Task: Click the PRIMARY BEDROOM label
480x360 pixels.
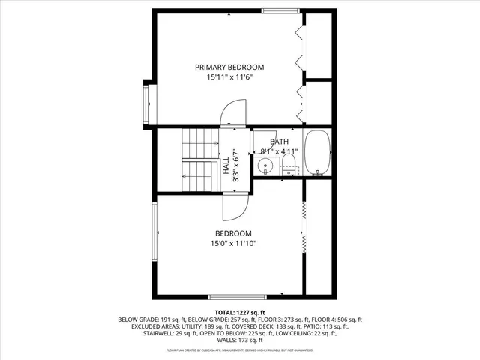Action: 229,67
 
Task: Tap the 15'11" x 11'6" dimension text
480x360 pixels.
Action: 229,76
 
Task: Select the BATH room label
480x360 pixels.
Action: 279,142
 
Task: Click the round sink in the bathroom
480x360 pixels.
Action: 264,166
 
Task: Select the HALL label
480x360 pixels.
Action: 226,164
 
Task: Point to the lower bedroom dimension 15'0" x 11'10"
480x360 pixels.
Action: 233,243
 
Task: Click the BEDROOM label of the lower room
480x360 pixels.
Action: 233,233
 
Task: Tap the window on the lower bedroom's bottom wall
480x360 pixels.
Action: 237,296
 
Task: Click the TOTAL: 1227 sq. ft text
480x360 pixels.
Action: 239,311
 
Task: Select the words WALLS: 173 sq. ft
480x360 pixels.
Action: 239,341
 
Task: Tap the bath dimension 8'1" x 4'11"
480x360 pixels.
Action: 279,151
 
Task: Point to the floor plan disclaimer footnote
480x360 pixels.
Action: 239,350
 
